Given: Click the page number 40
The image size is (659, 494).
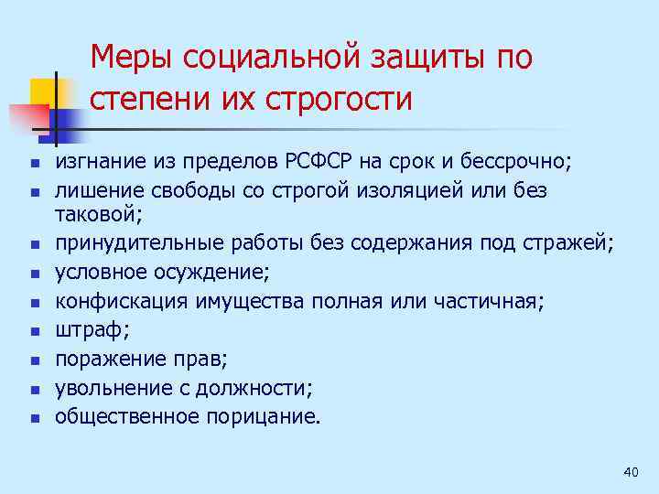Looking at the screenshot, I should (629, 471).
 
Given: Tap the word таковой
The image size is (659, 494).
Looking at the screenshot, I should (94, 216).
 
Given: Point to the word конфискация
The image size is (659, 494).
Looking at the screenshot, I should (115, 301).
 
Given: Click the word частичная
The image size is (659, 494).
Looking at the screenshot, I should (495, 301).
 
